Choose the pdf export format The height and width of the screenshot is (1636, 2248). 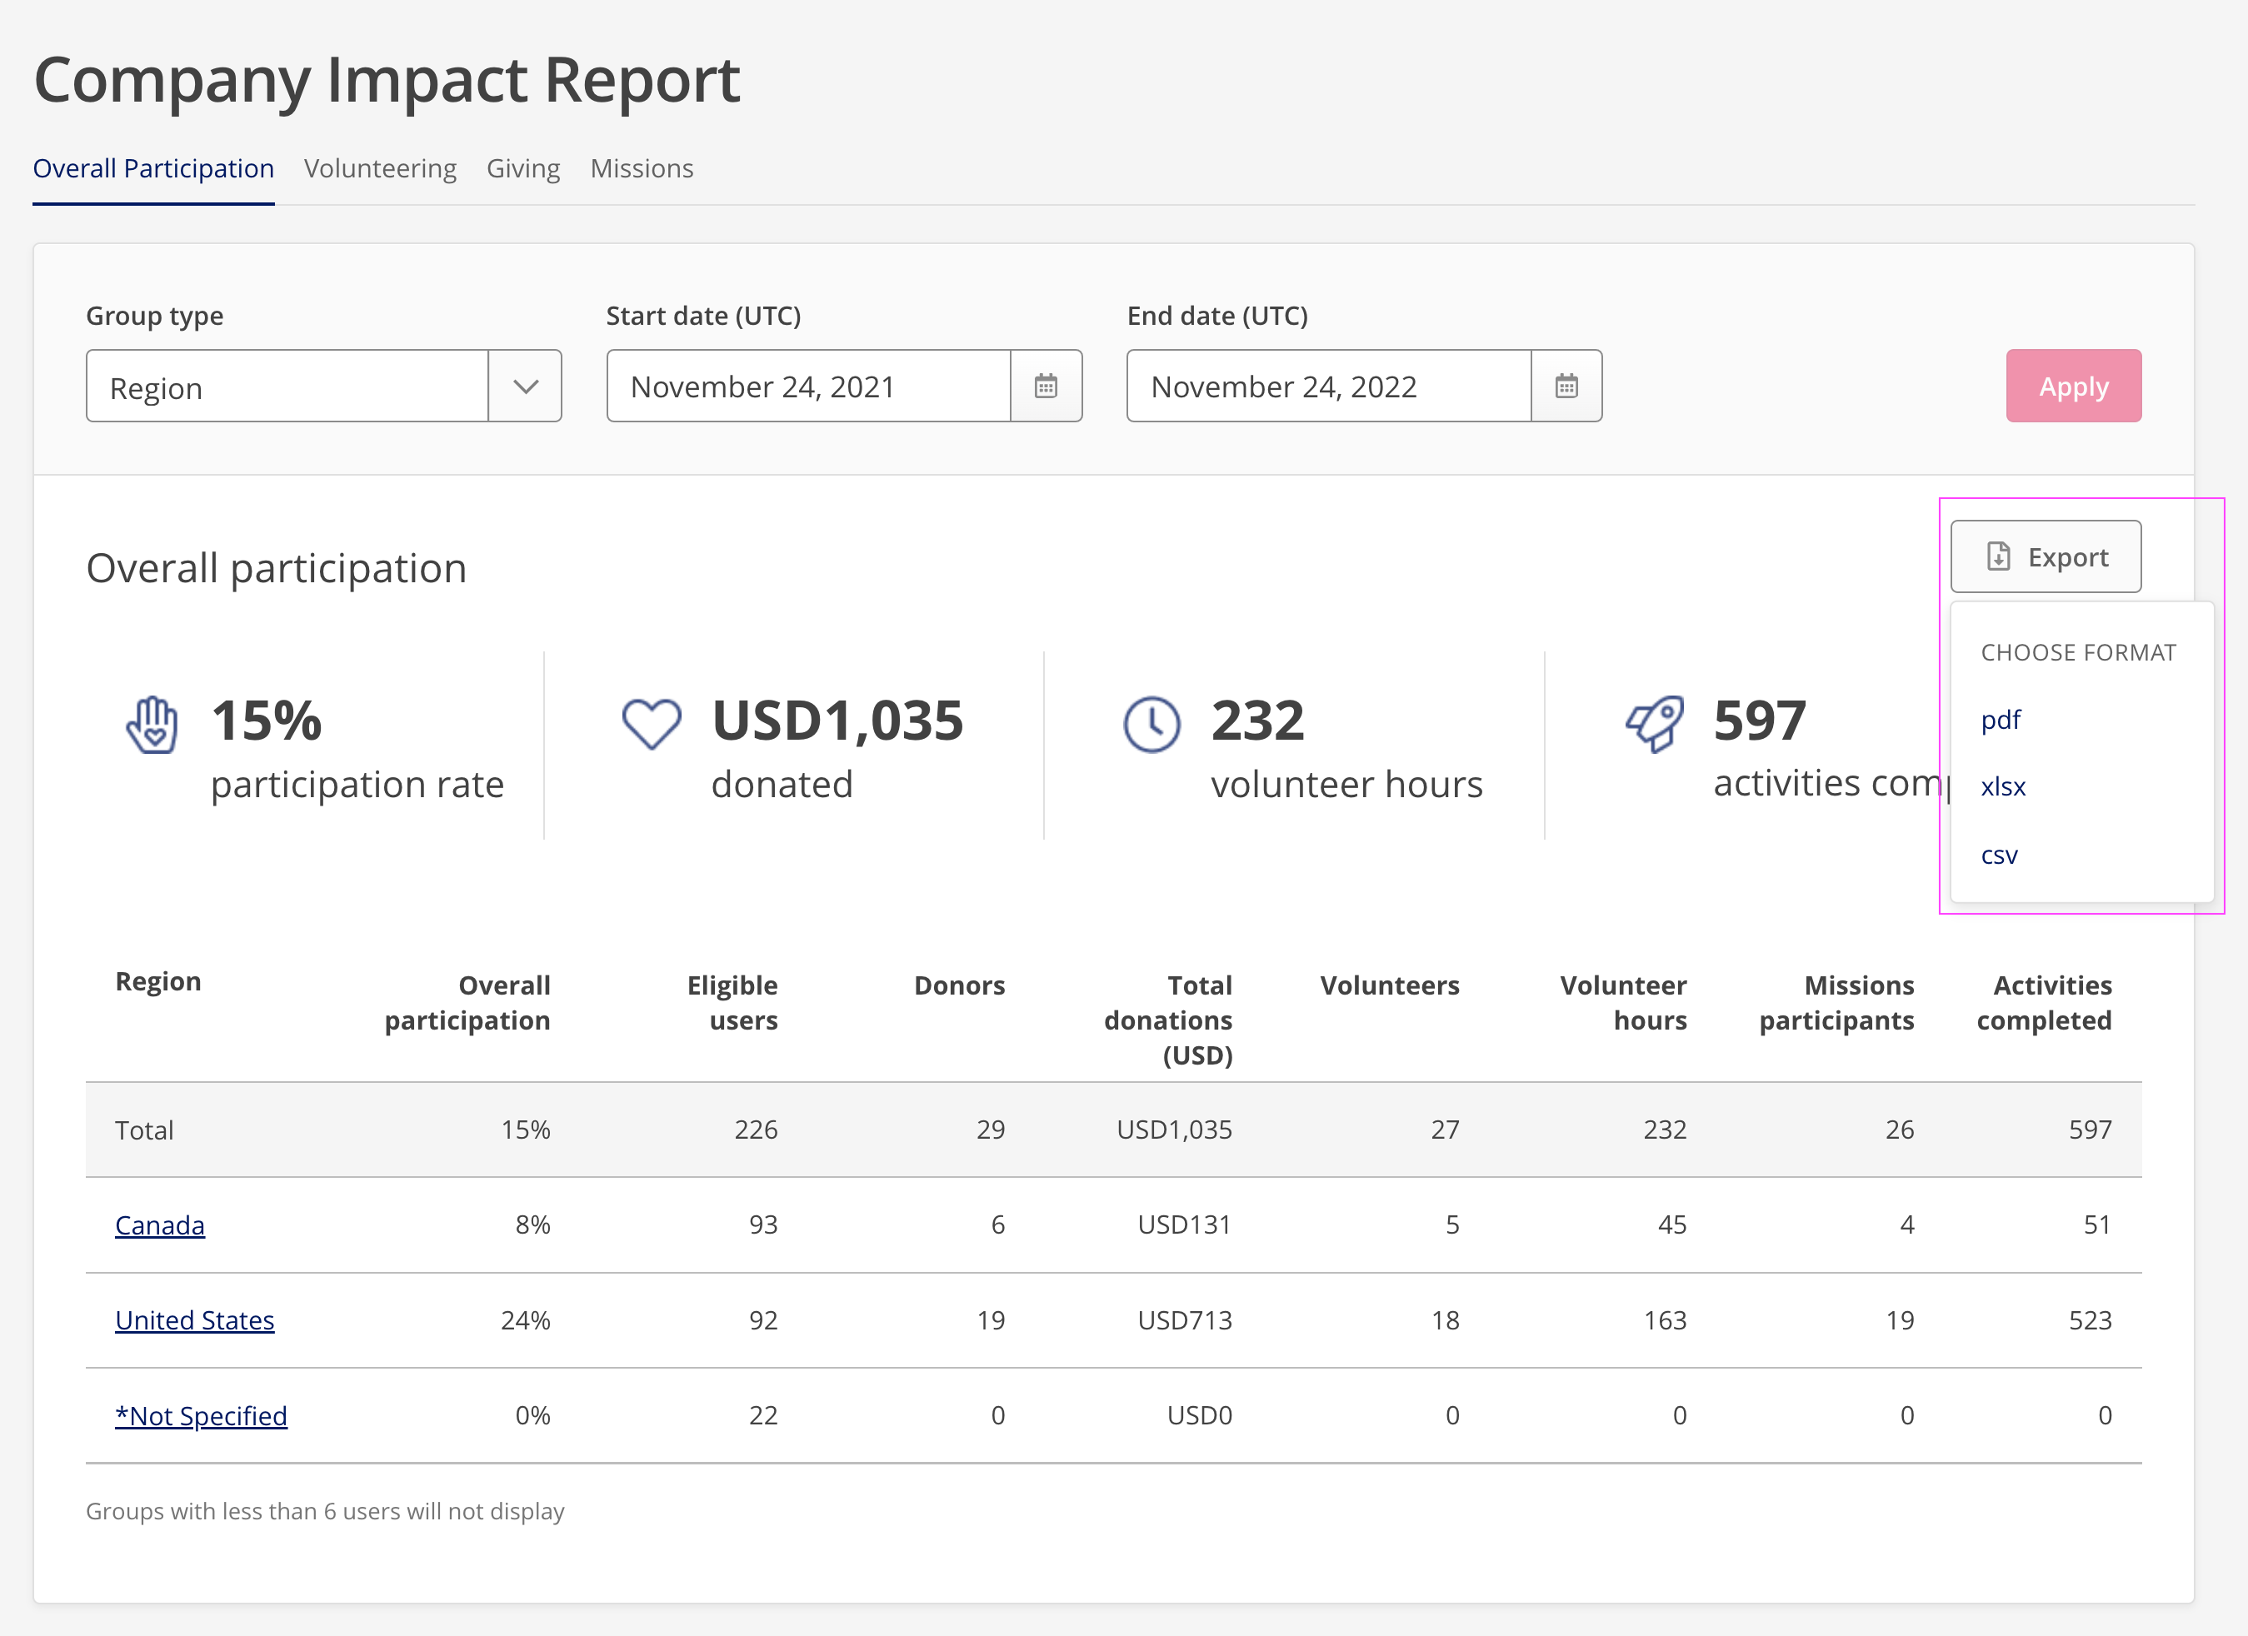(x=2001, y=720)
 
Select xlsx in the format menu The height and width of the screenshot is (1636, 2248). (x=2002, y=787)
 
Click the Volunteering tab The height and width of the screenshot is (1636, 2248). (x=380, y=168)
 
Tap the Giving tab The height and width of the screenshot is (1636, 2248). (x=522, y=168)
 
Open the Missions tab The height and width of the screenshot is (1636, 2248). (x=642, y=168)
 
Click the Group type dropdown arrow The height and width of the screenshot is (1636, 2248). (x=525, y=386)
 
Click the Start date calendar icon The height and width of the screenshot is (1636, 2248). (x=1046, y=386)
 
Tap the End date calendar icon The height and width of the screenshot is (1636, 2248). (x=1566, y=386)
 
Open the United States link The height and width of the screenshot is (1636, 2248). (x=194, y=1320)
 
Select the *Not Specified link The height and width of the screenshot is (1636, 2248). (x=201, y=1415)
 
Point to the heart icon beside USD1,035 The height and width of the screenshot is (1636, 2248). (x=652, y=723)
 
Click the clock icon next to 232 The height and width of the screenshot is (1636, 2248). (x=1151, y=725)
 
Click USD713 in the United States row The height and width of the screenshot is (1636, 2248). (x=1185, y=1320)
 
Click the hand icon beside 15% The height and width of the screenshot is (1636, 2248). (x=152, y=725)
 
